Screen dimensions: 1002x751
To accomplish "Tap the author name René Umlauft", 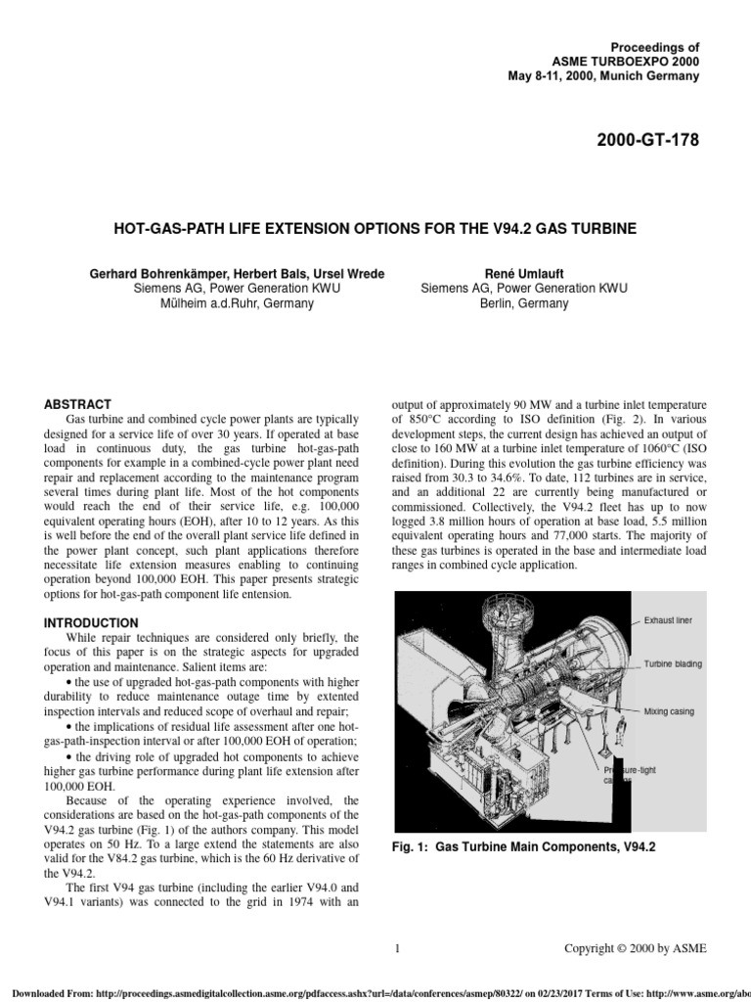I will [524, 273].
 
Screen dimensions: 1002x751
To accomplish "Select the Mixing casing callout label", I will [669, 711].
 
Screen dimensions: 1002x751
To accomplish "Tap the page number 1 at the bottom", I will [397, 948].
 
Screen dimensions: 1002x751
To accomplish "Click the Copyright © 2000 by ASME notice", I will [636, 948].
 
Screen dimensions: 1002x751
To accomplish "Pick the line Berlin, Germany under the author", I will [524, 303].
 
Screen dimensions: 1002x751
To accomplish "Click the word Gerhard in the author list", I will [115, 273].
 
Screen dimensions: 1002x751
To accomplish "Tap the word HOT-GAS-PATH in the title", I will [161, 229].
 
